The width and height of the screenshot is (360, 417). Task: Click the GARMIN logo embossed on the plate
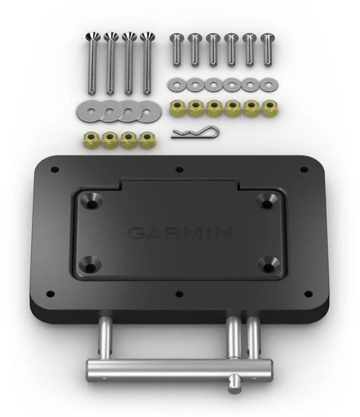coord(179,233)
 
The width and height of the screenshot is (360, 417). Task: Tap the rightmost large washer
coord(147,111)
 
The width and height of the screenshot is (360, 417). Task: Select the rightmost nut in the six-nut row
coord(269,108)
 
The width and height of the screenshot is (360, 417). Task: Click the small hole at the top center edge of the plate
coord(180,169)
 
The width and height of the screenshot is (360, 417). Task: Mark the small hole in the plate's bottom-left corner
coord(50,294)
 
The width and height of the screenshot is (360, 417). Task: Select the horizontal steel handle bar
coord(178,368)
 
